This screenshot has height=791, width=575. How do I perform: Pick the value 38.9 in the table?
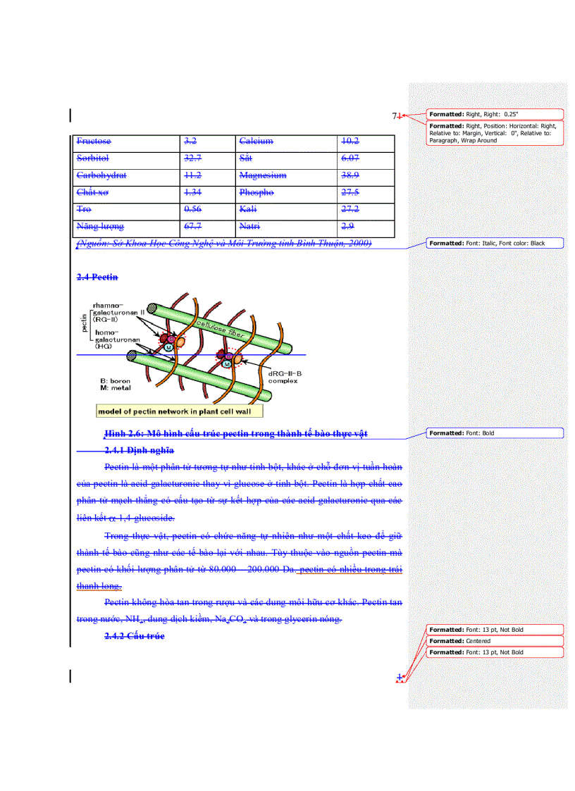(x=350, y=175)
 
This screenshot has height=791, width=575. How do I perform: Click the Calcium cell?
(x=256, y=142)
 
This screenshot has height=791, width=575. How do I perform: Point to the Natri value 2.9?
(x=347, y=226)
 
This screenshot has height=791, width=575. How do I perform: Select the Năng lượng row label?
(x=100, y=226)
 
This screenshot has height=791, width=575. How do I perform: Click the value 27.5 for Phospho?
(x=350, y=192)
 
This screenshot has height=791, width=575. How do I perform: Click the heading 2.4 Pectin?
(x=97, y=278)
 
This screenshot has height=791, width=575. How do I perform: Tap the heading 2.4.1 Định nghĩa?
(x=140, y=450)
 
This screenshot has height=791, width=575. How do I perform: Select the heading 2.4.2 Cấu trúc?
(x=135, y=636)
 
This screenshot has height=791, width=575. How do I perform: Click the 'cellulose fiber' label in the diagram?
(x=221, y=328)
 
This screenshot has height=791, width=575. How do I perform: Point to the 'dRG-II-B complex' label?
(x=284, y=377)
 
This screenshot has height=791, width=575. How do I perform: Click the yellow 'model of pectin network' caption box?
(x=179, y=411)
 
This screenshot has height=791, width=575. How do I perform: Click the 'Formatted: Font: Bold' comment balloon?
(x=495, y=433)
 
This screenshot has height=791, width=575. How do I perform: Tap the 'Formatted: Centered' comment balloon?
(x=495, y=641)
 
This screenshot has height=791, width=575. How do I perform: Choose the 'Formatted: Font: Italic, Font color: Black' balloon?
(x=495, y=243)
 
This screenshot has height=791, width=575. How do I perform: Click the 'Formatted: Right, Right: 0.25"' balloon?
(x=495, y=114)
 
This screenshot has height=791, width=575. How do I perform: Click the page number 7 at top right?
(x=395, y=116)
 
